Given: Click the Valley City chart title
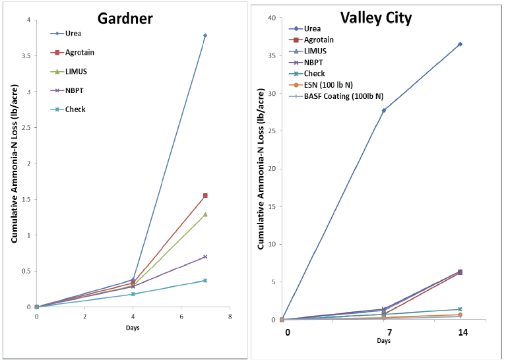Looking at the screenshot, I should (375, 18).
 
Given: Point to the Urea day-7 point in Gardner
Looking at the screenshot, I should (205, 36).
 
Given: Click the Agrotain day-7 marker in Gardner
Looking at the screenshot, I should (205, 195).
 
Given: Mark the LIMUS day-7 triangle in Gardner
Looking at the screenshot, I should (205, 214).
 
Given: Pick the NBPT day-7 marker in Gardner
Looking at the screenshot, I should (205, 256).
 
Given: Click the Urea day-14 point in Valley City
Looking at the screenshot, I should (460, 44).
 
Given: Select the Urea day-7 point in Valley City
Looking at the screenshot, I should (383, 110).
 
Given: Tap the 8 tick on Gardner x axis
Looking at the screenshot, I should (229, 316).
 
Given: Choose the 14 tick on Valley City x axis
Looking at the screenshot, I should (460, 332).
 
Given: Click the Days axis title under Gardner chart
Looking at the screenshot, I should (132, 328).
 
